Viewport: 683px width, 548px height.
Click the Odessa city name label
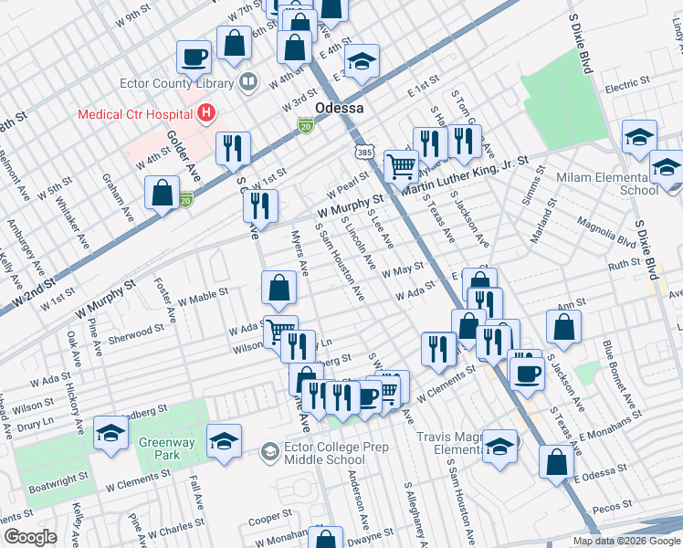[340, 108]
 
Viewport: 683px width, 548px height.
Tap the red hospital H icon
[207, 114]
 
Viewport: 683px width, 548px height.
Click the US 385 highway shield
[363, 149]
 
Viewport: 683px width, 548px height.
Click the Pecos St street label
[614, 504]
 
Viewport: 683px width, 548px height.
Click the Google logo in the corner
[30, 537]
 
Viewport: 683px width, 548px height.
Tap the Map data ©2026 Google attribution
[625, 541]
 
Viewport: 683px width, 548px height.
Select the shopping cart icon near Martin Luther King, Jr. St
[401, 165]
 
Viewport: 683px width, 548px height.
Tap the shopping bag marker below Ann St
[564, 326]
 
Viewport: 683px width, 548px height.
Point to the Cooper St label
[270, 519]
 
